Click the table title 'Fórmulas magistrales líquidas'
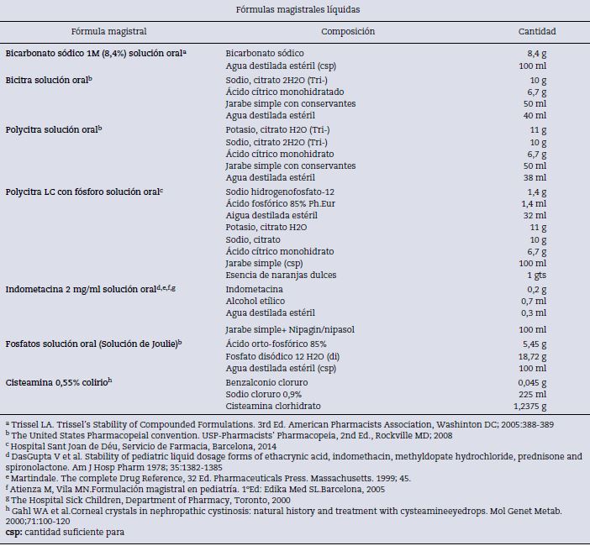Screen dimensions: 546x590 [294, 9]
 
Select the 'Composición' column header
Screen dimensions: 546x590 [348, 32]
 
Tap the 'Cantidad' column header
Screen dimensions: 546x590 [536, 32]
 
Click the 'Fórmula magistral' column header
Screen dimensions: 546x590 [109, 32]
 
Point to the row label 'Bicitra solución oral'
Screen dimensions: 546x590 [48, 80]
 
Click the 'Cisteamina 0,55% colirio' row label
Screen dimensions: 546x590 [58, 381]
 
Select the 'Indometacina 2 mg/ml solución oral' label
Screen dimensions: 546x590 [90, 289]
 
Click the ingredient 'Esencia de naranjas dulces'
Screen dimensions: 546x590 [280, 276]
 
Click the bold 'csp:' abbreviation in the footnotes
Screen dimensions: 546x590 [14, 532]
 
